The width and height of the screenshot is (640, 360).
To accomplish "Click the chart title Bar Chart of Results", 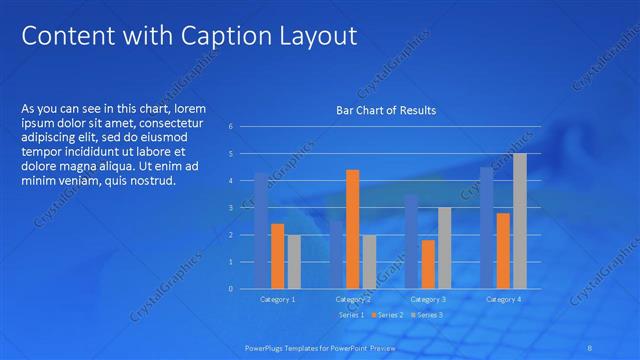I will click(x=385, y=110).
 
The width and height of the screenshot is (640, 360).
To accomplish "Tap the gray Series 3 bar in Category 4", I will click(x=519, y=221).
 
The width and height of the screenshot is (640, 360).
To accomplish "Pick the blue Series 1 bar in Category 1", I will click(x=261, y=231).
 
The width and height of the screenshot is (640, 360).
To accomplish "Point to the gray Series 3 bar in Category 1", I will click(x=293, y=262).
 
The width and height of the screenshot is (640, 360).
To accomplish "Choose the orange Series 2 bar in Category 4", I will click(x=503, y=251).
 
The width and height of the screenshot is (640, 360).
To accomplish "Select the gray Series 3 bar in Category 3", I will click(x=444, y=248).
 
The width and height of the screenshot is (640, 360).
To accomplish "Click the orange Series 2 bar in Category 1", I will click(x=277, y=256).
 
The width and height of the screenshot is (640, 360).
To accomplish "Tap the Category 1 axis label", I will click(x=277, y=299).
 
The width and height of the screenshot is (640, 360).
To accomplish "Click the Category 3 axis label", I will click(x=428, y=299).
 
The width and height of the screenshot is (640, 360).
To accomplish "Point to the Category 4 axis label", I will click(x=503, y=299).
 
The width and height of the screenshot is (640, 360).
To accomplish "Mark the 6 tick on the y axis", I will click(x=231, y=127).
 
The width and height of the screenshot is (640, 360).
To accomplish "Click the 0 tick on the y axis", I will click(x=231, y=289).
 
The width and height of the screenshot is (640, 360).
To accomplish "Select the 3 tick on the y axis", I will click(x=231, y=208).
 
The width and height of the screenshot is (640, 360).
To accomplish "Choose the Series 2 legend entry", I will click(x=389, y=315).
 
